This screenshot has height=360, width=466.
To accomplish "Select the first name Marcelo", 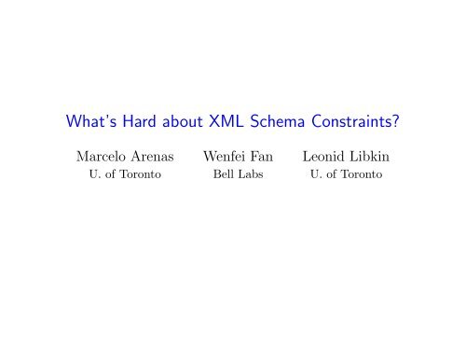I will [x=92, y=156].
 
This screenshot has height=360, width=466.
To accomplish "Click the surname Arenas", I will [x=151, y=156].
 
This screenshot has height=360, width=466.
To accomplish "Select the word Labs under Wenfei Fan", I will [x=254, y=175].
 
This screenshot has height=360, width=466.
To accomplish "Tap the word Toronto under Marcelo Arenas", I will [x=139, y=175].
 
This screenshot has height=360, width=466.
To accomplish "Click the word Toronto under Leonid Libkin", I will [x=366, y=175].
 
